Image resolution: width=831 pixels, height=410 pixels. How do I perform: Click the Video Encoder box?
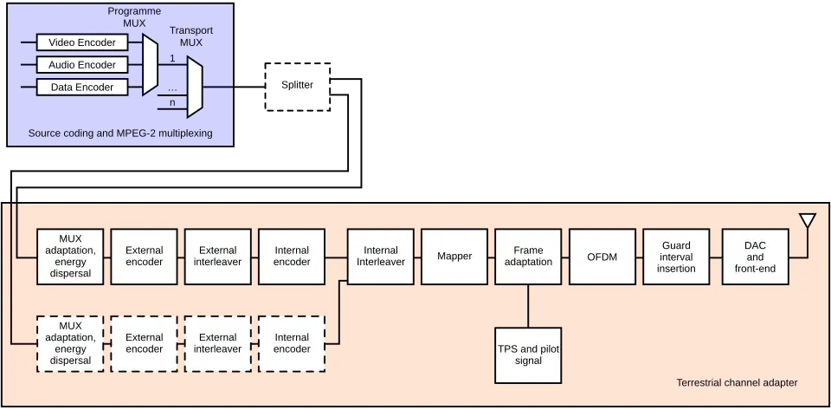coord(82,42)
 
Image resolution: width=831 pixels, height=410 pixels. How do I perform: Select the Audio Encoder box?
coord(82,65)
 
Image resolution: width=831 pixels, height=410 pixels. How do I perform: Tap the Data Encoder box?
coord(82,88)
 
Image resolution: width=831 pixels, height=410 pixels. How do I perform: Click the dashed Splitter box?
coord(298,86)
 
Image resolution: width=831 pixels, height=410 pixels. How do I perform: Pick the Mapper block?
coord(454,257)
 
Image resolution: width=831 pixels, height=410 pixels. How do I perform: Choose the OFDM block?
coord(602,257)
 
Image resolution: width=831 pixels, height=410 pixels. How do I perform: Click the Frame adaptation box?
coord(528,257)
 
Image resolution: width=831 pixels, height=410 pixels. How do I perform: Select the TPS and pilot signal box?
coord(528,355)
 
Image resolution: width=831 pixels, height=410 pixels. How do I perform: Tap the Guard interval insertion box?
coord(676,257)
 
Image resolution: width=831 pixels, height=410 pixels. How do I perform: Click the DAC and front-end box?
coord(755,257)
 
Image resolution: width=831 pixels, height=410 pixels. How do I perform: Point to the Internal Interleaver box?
coord(381,257)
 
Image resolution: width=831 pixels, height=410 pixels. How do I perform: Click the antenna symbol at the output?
coord(808,222)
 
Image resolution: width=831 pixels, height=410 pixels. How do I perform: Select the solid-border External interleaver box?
coord(218,257)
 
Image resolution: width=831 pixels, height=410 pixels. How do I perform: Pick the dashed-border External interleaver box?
coord(218,343)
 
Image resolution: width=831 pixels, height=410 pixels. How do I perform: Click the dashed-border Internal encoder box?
coord(292,343)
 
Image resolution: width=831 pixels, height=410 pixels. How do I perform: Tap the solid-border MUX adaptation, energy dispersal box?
coord(70,257)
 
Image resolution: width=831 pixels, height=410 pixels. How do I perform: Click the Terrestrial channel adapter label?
coord(737,383)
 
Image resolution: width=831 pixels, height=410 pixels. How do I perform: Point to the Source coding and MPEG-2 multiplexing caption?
coord(120,133)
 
